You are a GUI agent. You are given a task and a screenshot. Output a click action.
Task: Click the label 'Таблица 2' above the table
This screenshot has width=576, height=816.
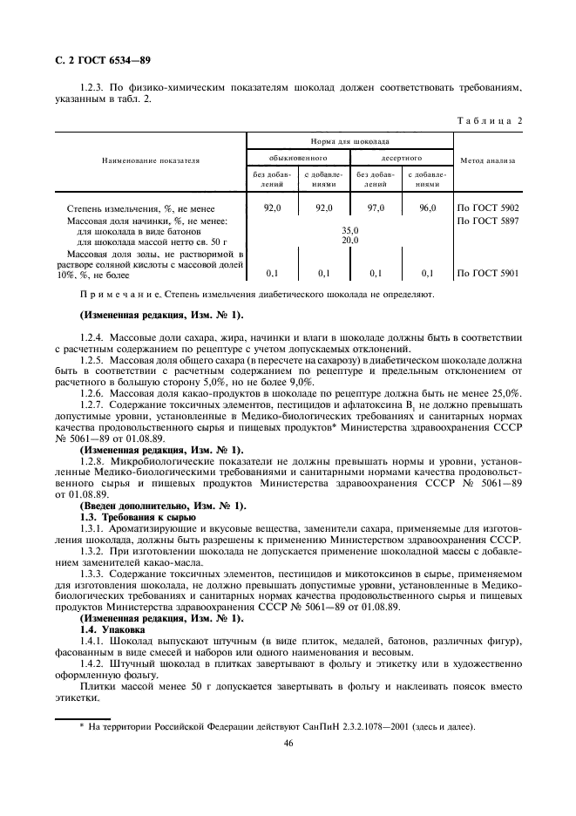tap(489, 119)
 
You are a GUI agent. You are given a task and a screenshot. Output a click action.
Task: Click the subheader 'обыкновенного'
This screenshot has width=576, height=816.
tap(298, 159)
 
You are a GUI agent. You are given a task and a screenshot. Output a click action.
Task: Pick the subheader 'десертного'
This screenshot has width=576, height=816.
tap(402, 159)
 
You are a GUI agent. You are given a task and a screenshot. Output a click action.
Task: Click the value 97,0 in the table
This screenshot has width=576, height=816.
tap(376, 209)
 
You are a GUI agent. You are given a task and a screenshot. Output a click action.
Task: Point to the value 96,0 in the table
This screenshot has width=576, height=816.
tap(427, 209)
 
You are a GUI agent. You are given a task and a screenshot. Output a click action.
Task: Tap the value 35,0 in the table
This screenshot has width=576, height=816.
tap(349, 231)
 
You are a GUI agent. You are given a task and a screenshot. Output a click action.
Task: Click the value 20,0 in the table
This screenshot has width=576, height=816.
tap(349, 240)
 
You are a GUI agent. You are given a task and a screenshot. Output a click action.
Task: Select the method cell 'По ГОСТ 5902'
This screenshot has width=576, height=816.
tap(488, 209)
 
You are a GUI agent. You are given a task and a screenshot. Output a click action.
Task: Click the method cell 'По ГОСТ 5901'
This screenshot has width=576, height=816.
tap(488, 273)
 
